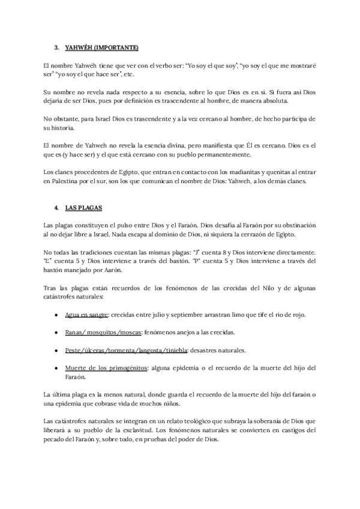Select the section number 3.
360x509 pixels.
[x=56, y=47]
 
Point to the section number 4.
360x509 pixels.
[x=56, y=207]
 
